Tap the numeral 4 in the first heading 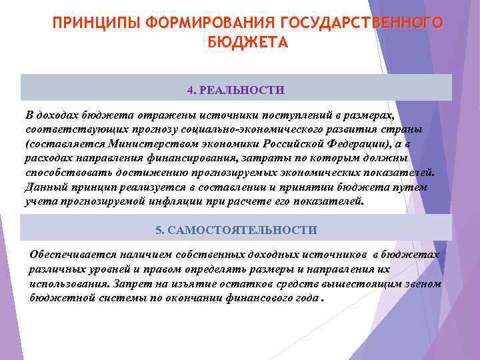click(191, 89)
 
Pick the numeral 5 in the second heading click(159, 230)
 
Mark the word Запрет click(115, 284)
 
